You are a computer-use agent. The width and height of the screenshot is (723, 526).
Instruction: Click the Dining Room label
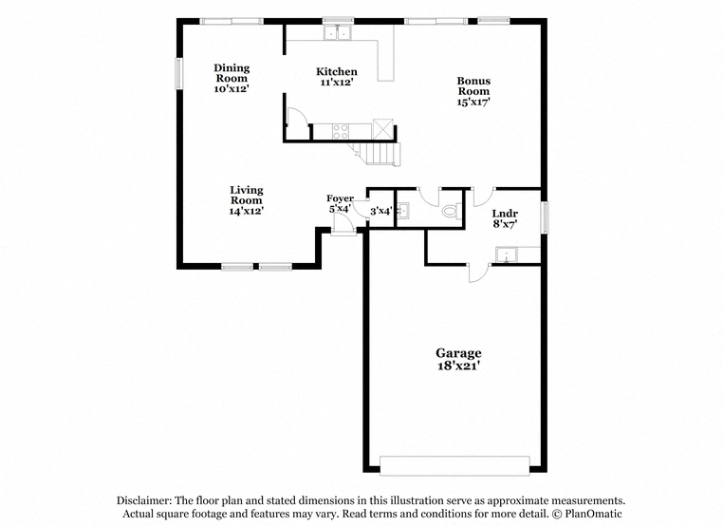(x=232, y=73)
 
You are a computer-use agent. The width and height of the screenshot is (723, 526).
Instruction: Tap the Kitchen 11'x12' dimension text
(x=337, y=83)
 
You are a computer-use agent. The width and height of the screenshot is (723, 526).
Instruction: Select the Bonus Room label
(x=473, y=85)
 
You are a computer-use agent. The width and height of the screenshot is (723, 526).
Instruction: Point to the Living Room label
(x=247, y=195)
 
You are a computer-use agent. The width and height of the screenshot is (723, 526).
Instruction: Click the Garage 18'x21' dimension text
(x=459, y=366)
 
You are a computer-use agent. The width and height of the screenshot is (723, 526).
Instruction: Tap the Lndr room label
(x=505, y=214)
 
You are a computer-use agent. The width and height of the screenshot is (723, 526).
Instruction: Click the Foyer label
(x=341, y=198)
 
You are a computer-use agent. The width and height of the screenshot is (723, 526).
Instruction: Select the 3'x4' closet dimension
(x=380, y=212)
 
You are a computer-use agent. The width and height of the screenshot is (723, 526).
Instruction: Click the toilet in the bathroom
(x=452, y=212)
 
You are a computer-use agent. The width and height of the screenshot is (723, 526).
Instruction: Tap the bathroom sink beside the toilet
(x=403, y=211)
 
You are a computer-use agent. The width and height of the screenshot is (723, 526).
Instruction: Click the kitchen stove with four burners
(x=341, y=131)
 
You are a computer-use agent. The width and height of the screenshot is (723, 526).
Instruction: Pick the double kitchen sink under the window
(x=338, y=33)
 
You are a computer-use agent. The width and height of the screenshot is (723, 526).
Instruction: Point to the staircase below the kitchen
(x=375, y=154)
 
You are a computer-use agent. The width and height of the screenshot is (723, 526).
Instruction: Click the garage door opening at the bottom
(x=454, y=465)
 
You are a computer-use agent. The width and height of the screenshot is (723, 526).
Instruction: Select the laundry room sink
(x=507, y=254)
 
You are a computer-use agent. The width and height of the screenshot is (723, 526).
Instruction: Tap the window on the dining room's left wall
(x=179, y=73)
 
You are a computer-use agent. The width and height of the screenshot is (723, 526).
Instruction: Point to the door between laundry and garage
(x=479, y=273)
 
